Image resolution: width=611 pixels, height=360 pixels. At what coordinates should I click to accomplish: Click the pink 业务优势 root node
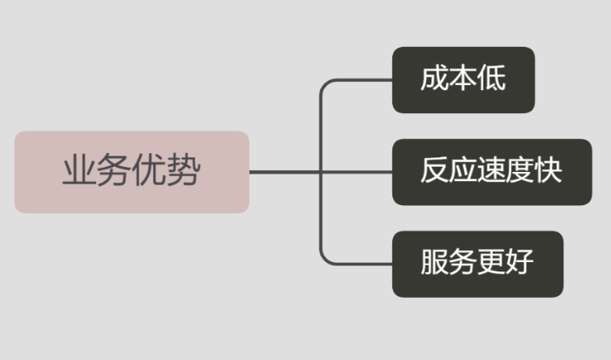pos(132,172)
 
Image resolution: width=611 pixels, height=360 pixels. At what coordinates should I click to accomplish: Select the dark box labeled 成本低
pos(463,80)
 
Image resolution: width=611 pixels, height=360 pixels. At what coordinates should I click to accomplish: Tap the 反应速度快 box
pos(492,172)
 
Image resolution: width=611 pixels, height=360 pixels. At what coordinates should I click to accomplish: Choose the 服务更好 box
pos(477,264)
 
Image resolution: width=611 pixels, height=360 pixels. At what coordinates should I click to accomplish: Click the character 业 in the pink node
pos(79,170)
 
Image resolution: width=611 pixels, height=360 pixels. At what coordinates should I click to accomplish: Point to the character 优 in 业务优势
pos(149,170)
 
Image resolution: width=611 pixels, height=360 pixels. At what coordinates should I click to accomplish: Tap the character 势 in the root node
pos(183,170)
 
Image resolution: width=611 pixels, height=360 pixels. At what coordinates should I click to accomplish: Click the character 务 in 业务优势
pos(114,170)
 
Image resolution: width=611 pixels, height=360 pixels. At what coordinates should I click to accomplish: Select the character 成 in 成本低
pos(435,78)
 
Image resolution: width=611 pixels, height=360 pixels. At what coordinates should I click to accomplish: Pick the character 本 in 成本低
pos(463,78)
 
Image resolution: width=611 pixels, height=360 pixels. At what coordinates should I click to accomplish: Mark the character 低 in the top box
pos(492,78)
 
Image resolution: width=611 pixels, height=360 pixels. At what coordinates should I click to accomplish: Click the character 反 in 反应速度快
pos(435,170)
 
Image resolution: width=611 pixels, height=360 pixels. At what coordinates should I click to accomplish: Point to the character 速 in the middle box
pos(492,170)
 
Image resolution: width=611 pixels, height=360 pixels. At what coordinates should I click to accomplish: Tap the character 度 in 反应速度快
pos(520,170)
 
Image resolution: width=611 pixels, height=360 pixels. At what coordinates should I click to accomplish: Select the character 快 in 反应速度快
pos(549,170)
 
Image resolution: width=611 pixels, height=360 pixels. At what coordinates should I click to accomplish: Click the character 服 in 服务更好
pos(435,262)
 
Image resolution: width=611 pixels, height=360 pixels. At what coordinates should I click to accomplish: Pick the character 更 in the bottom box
pos(492,262)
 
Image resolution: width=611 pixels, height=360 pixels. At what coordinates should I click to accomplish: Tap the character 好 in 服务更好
pos(520,262)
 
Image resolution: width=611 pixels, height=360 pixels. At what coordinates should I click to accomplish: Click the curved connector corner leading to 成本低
pos(325,84)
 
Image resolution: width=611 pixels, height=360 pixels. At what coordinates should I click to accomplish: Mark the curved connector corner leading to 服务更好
pos(325,260)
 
